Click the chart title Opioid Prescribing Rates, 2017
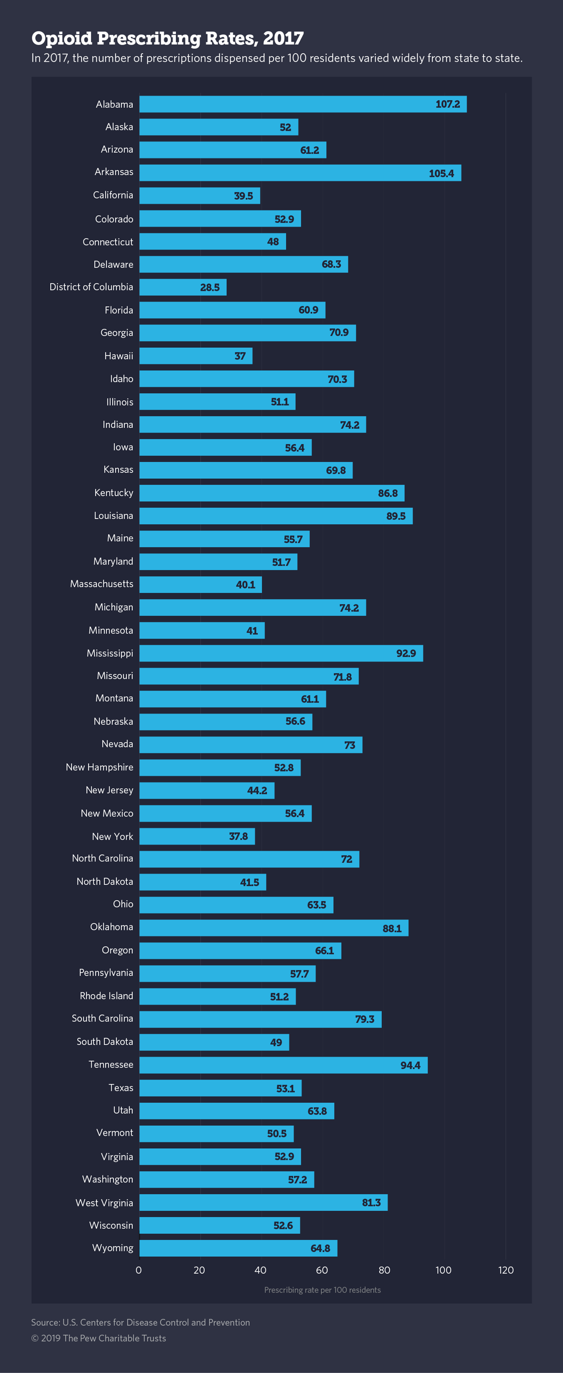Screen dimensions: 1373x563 point(168,38)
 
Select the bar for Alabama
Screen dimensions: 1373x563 point(302,104)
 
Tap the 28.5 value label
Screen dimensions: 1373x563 point(209,287)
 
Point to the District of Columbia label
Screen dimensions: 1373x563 point(91,287)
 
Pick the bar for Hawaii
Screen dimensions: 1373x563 point(196,356)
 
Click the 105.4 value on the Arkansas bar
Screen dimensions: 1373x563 point(441,173)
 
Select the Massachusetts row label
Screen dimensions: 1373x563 point(101,584)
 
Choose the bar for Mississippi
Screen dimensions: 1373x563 point(281,653)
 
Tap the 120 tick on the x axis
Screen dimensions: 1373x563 point(505,1270)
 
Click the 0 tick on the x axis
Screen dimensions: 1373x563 point(139,1270)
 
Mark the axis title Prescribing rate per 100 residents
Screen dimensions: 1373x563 point(322,1290)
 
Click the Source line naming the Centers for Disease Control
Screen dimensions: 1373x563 point(140,1322)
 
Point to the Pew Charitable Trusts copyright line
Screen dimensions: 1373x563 point(99,1339)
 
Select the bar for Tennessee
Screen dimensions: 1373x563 point(283,1065)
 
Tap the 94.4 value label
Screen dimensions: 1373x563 point(410,1065)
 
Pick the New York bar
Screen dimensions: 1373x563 point(197,836)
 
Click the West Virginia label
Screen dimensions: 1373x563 point(104,1202)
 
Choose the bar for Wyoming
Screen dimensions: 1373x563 point(238,1248)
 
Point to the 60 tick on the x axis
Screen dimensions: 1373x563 point(322,1270)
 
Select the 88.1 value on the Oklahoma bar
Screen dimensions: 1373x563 point(391,928)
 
